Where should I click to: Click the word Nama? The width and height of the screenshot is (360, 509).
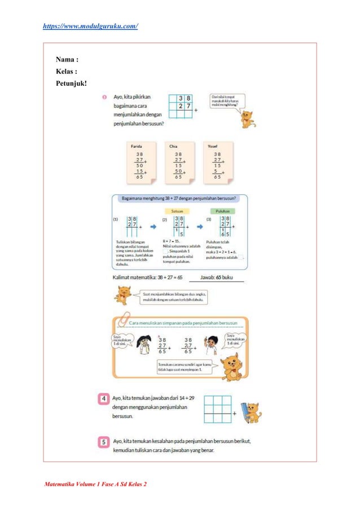pyautogui.click(x=67, y=59)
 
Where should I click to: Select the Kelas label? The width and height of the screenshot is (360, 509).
pyautogui.click(x=67, y=72)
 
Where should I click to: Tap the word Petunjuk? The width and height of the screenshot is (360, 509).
pyautogui.click(x=71, y=84)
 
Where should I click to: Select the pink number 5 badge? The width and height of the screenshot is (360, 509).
pyautogui.click(x=103, y=442)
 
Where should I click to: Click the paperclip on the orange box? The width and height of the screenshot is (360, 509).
pyautogui.click(x=123, y=319)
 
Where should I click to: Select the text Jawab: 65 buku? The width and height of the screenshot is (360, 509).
pyautogui.click(x=216, y=277)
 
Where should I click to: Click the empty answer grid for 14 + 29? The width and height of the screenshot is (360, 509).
pyautogui.click(x=218, y=409)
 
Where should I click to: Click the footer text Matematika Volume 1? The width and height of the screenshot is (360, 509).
pyautogui.click(x=91, y=484)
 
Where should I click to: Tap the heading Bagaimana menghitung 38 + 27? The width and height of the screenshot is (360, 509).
pyautogui.click(x=178, y=198)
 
